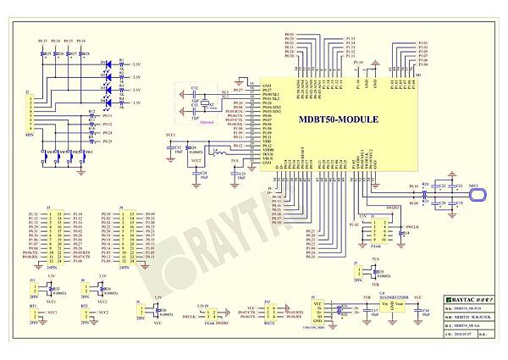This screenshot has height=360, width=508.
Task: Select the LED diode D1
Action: pyautogui.click(x=108, y=63)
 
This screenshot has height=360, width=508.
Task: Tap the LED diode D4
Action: pyautogui.click(x=108, y=100)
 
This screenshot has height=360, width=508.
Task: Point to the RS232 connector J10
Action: pyautogui.click(x=270, y=314)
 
